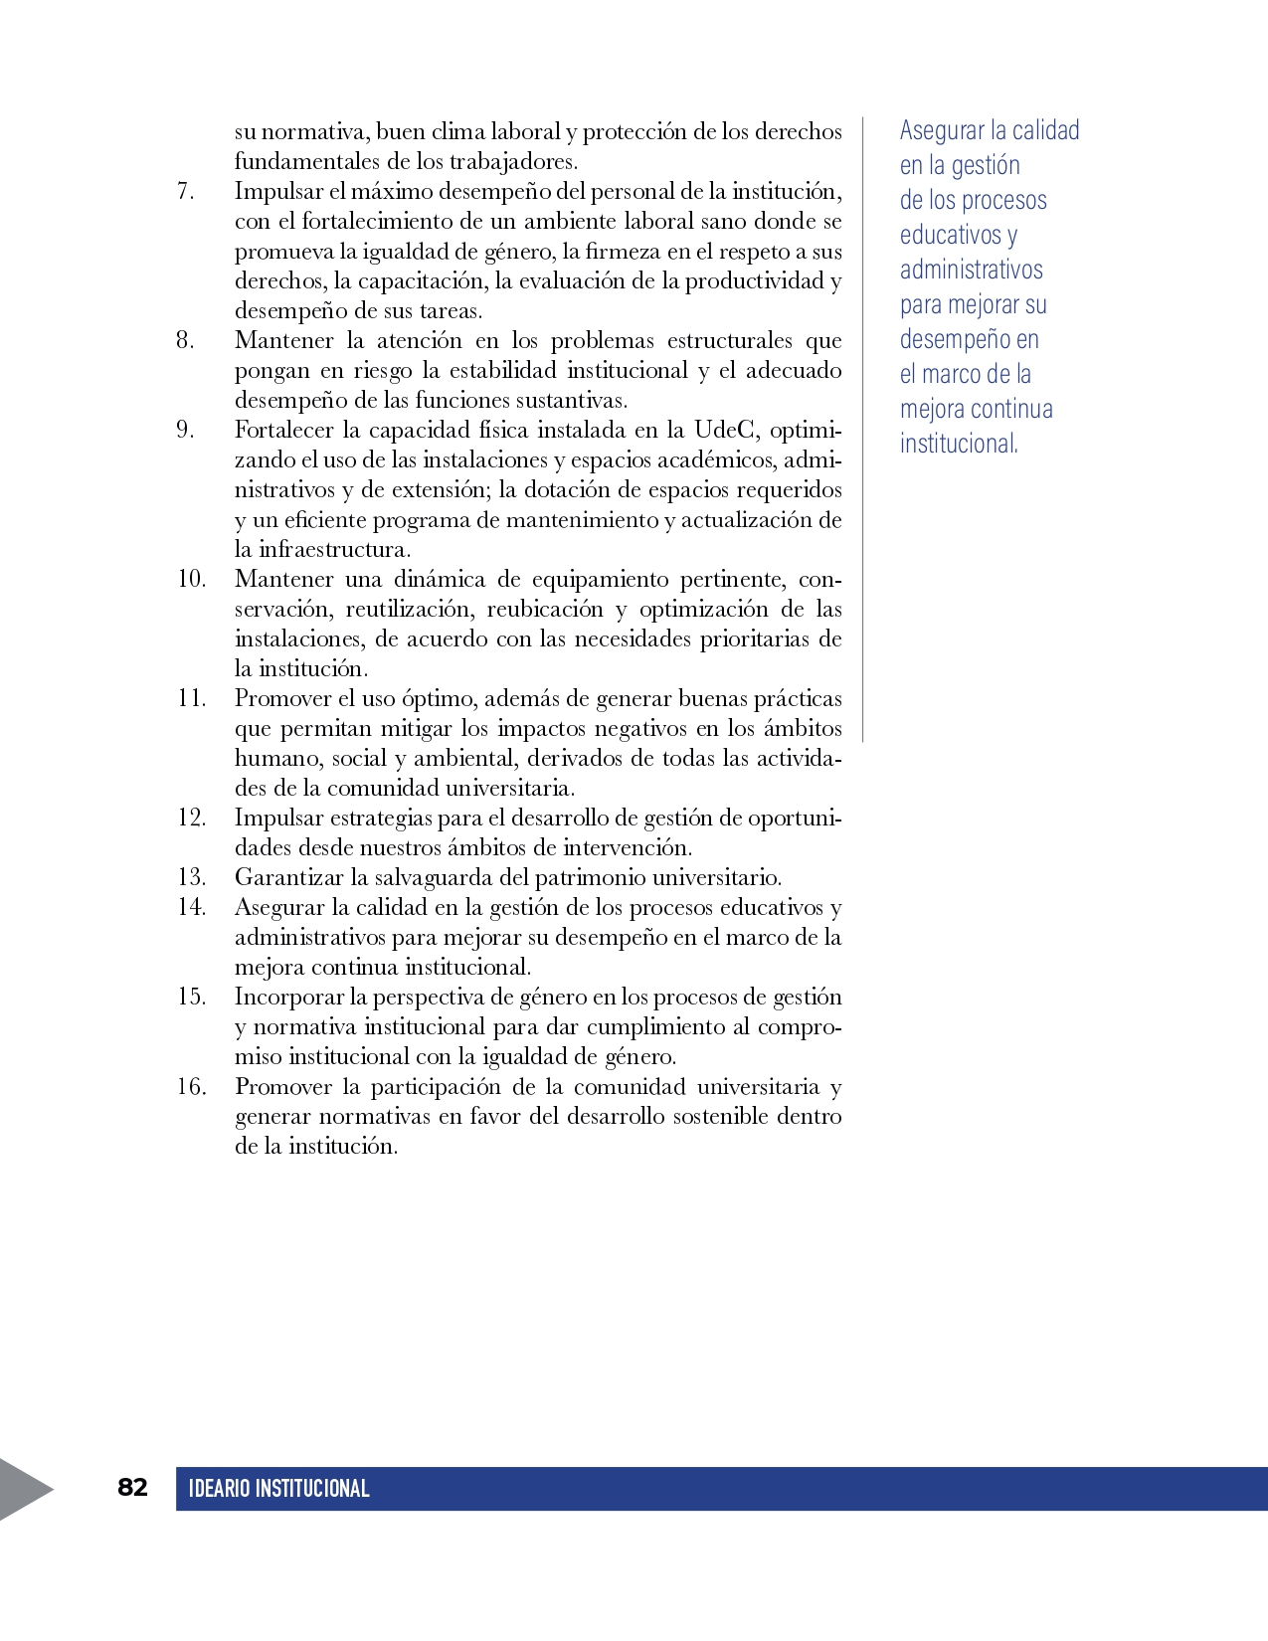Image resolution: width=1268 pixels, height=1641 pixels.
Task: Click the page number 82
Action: [x=132, y=1487]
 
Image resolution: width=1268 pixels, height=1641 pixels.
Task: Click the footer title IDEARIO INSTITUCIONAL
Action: [x=278, y=1489]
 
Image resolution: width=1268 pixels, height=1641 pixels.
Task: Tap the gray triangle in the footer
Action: [x=22, y=1489]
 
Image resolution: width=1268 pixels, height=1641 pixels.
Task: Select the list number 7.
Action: [x=186, y=191]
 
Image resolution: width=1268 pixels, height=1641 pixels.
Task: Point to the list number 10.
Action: [x=191, y=579]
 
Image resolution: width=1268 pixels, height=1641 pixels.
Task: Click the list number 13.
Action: [x=191, y=877]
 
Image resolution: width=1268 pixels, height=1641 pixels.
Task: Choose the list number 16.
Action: [x=191, y=1086]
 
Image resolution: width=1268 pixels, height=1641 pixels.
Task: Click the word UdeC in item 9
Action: [x=725, y=430]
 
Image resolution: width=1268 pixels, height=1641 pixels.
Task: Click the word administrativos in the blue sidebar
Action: [x=971, y=270]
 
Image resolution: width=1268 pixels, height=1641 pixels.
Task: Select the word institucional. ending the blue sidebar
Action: [x=959, y=444]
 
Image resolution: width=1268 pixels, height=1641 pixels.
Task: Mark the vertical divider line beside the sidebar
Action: [x=862, y=428]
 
